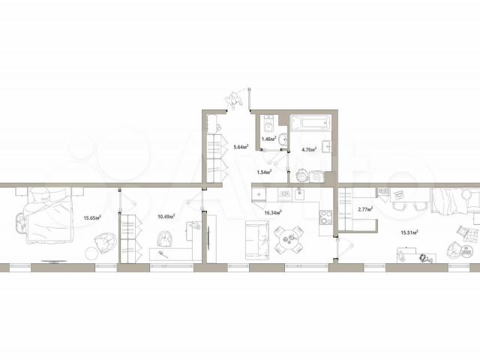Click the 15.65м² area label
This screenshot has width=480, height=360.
point(92,218)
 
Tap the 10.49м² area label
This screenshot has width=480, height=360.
point(166,217)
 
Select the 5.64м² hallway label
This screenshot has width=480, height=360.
point(241,147)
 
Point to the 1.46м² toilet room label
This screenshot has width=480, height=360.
point(269,139)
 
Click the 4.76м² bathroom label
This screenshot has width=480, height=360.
point(309,149)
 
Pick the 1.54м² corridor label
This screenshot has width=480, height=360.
point(265,172)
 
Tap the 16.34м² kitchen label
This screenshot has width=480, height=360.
point(273,212)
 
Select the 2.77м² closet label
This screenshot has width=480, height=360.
point(365,209)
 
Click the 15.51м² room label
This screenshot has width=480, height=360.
point(409,232)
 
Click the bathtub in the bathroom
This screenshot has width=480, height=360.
point(310,123)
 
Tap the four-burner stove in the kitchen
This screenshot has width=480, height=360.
point(325,217)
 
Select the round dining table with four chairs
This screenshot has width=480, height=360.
point(289,240)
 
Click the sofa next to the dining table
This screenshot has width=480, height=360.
point(257,241)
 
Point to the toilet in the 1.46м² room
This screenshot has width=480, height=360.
point(269,123)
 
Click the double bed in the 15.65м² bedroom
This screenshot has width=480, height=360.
point(51,215)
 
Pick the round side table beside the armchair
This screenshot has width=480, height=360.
point(91,253)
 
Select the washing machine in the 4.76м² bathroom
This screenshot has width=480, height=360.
point(317,177)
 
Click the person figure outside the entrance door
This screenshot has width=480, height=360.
point(234,100)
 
